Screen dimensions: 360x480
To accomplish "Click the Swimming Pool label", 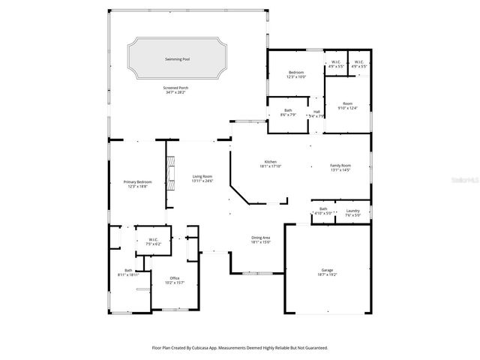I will tap(178, 58).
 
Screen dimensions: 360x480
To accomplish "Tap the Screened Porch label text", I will tap(176, 90).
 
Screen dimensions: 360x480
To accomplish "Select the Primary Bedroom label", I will tap(137, 184).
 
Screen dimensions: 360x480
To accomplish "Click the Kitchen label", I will tap(270, 164).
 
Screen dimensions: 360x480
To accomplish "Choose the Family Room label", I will tap(340, 167).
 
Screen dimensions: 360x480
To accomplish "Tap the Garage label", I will tap(328, 273).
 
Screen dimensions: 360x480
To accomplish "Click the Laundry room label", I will tap(352, 212).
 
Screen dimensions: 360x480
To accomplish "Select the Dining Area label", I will tap(260, 239).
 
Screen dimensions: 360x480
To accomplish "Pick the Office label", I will tap(174, 280).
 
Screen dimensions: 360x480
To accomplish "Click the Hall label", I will tap(317, 113).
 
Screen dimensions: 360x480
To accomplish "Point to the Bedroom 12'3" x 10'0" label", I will tap(295, 74).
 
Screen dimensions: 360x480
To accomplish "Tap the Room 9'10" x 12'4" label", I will tap(348, 106).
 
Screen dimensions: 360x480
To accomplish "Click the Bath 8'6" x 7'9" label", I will tap(288, 112).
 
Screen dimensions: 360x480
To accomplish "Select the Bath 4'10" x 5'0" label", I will tap(323, 211).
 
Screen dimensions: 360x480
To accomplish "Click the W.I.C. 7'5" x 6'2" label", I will tap(152, 241).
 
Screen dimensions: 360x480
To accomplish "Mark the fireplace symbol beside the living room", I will tap(171, 174).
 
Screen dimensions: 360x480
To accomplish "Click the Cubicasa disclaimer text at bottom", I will tap(240, 348).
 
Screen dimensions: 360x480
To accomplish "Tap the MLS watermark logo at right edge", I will tap(469, 180).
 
